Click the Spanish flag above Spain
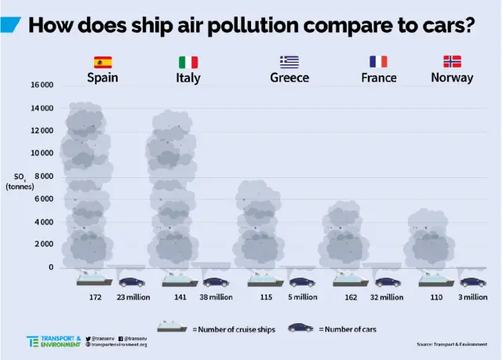pos(103,62)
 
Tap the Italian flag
pos(188,62)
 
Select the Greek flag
pos(289,62)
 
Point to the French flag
pos(379,62)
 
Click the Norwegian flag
pos(452,62)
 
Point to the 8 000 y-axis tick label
pos(42,176)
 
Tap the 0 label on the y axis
pos(51,267)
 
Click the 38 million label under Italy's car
pos(216,297)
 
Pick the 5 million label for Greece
pos(301,297)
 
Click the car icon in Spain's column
pos(132,281)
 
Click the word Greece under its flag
pos(289,78)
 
